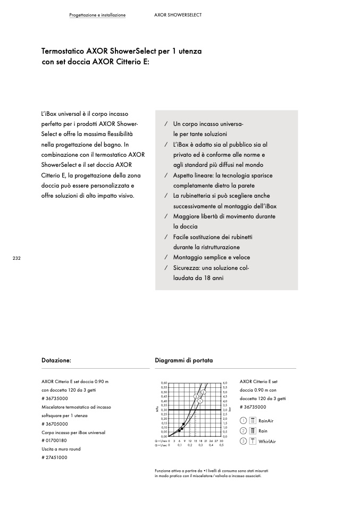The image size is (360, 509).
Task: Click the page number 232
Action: tap(16, 258)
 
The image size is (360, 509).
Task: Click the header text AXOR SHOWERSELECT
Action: tap(178, 15)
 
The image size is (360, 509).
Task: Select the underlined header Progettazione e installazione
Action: tap(97, 15)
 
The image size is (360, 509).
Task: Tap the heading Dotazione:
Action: tap(56, 360)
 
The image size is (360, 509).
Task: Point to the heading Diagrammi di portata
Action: tap(183, 360)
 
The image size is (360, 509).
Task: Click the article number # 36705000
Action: tap(55, 424)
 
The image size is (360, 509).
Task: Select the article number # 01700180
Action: tap(54, 440)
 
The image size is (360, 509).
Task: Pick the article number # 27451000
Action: tap(54, 457)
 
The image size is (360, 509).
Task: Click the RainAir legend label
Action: tap(265, 421)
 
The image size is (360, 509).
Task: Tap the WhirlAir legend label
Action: tap(267, 442)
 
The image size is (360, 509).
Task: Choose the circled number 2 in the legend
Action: tap(243, 431)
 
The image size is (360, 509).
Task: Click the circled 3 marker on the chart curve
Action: tap(196, 396)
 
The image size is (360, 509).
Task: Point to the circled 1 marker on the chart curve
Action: tap(200, 401)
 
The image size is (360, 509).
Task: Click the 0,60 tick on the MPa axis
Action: tap(164, 383)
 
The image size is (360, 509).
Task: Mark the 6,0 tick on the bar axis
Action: tap(225, 383)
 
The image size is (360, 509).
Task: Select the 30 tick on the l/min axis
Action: tap(221, 441)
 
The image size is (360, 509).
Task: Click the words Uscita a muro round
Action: tap(61, 449)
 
